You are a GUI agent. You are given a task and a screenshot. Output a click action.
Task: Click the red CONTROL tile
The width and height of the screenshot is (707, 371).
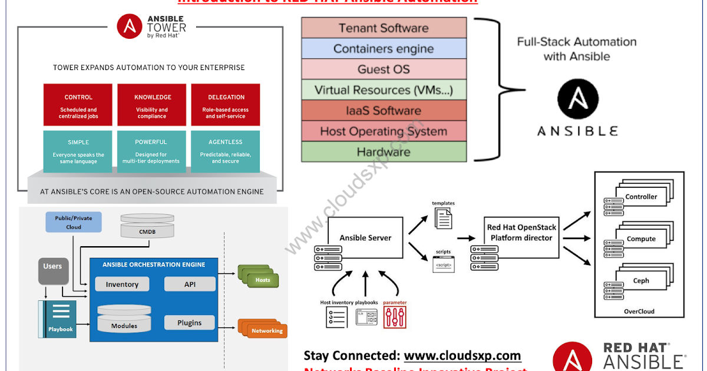pyautogui.click(x=78, y=105)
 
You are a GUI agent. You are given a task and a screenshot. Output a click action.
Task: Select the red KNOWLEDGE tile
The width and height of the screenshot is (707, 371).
pyautogui.click(x=152, y=105)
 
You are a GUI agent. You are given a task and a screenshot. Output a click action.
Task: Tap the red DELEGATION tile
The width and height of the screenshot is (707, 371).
pyautogui.click(x=226, y=105)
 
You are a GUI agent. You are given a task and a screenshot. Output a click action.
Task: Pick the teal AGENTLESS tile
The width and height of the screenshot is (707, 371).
pyautogui.click(x=226, y=151)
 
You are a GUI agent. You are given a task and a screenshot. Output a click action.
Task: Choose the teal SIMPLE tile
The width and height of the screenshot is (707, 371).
pyautogui.click(x=78, y=151)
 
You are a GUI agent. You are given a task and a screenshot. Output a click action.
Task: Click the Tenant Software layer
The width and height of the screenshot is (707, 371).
pyautogui.click(x=384, y=28)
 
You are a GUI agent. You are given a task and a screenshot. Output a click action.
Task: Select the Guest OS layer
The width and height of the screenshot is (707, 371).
pyautogui.click(x=384, y=69)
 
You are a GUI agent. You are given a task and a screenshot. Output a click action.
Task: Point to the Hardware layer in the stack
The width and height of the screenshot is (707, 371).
pyautogui.click(x=384, y=152)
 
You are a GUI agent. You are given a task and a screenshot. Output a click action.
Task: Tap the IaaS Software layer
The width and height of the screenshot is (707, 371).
pyautogui.click(x=384, y=111)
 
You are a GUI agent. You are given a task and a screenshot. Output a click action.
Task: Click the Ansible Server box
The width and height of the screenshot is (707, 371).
pyautogui.click(x=365, y=238)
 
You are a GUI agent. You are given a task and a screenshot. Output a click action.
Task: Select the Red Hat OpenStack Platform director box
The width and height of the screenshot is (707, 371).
pyautogui.click(x=520, y=233)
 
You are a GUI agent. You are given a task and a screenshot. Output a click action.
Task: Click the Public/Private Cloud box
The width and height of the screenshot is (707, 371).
pyautogui.click(x=74, y=222)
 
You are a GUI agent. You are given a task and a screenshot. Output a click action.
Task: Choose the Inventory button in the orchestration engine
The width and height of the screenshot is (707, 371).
pyautogui.click(x=122, y=284)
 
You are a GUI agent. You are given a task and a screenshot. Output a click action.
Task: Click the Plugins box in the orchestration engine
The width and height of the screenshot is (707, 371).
pyautogui.click(x=189, y=323)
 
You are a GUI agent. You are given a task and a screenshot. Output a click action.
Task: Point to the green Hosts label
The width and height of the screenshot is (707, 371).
pyautogui.click(x=262, y=280)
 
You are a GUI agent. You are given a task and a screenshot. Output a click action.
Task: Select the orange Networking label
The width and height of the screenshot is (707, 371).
pyautogui.click(x=267, y=330)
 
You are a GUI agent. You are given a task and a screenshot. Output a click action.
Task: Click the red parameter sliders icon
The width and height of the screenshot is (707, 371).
pyautogui.click(x=395, y=317)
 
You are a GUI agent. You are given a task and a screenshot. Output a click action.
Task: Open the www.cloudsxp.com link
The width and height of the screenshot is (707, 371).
pyautogui.click(x=462, y=356)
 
